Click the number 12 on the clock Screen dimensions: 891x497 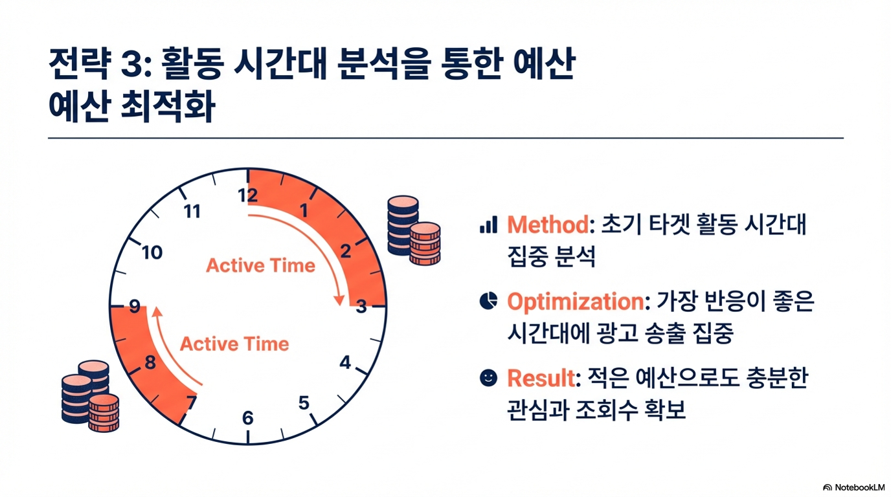247,195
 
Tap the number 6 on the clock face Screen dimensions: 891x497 248,418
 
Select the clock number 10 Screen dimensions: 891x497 152,252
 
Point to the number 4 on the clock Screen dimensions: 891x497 345,362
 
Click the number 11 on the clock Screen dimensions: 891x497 192,212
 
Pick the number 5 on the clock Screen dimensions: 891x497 304,403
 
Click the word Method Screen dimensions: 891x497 548,225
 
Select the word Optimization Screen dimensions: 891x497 576,302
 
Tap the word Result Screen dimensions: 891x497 541,378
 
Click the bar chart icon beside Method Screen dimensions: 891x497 488,225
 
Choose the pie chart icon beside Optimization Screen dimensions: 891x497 488,301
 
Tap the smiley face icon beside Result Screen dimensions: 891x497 488,378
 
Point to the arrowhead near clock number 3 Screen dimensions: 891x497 339,300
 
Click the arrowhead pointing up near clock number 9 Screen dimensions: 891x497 157,311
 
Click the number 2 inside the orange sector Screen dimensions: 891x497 346,251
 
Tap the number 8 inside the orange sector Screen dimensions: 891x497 150,362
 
